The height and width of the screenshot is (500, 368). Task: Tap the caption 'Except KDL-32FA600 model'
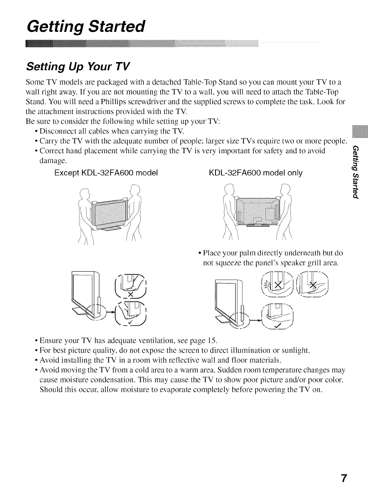pyautogui.click(x=106, y=173)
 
